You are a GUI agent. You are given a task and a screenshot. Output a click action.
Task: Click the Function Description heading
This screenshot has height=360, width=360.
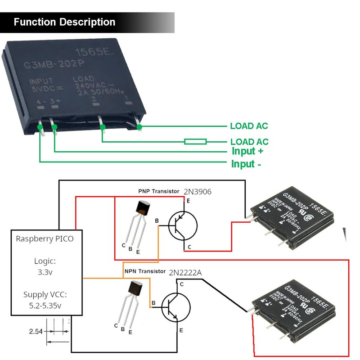pyautogui.click(x=64, y=22)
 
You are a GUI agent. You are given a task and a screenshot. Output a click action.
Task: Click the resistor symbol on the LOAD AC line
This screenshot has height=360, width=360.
pyautogui.click(x=195, y=141)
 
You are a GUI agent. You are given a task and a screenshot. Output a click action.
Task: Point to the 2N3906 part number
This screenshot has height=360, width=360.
pyautogui.click(x=197, y=192)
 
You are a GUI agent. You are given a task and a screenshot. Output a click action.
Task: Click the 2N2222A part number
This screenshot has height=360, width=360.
pyautogui.click(x=185, y=272)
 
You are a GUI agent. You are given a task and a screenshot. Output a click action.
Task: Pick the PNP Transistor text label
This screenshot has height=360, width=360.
pyautogui.click(x=158, y=191)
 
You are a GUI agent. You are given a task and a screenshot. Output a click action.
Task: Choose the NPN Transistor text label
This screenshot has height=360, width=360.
pyautogui.click(x=144, y=271)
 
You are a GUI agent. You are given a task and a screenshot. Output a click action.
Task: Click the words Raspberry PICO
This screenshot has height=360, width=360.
pyautogui.click(x=45, y=238)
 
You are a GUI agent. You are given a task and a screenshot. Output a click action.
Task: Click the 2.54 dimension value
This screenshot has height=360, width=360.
pyautogui.click(x=36, y=332)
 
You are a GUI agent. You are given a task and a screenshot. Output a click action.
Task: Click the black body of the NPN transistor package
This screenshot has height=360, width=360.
pyautogui.click(x=135, y=288)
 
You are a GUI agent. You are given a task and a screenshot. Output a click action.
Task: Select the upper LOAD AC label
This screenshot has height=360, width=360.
pyautogui.click(x=249, y=126)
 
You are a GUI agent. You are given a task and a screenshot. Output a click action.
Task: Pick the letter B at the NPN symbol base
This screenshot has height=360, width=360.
pyautogui.click(x=154, y=302)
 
